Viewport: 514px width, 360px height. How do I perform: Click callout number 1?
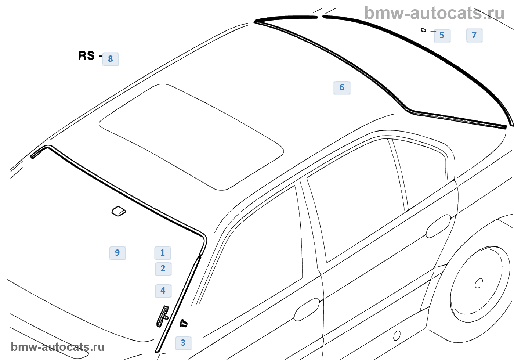(x=163, y=253)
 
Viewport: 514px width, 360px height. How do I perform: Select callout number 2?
(x=163, y=269)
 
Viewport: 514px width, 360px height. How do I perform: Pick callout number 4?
(x=163, y=291)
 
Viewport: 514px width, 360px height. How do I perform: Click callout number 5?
(x=442, y=36)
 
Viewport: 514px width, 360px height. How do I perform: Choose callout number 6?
(x=342, y=88)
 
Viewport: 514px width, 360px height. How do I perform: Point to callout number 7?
(x=474, y=35)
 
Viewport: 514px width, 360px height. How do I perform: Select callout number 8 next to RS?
(x=111, y=59)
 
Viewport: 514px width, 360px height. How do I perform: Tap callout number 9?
(x=117, y=253)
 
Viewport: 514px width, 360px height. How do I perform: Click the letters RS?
(x=87, y=55)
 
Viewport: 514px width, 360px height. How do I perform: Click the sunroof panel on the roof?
(x=191, y=137)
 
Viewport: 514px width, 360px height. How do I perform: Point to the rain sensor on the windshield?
(x=119, y=211)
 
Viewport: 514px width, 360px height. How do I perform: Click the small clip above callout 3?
(x=183, y=323)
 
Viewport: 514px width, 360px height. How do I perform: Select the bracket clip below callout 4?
(x=163, y=316)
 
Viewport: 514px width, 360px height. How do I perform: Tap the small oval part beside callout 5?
(x=424, y=30)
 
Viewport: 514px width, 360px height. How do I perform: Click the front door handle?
(x=307, y=309)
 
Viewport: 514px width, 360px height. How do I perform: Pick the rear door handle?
(x=438, y=226)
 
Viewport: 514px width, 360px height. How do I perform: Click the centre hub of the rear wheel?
(x=478, y=283)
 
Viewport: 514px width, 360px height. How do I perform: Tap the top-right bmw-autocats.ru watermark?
(x=434, y=13)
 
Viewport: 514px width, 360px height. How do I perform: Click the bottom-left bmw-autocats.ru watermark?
(x=58, y=347)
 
